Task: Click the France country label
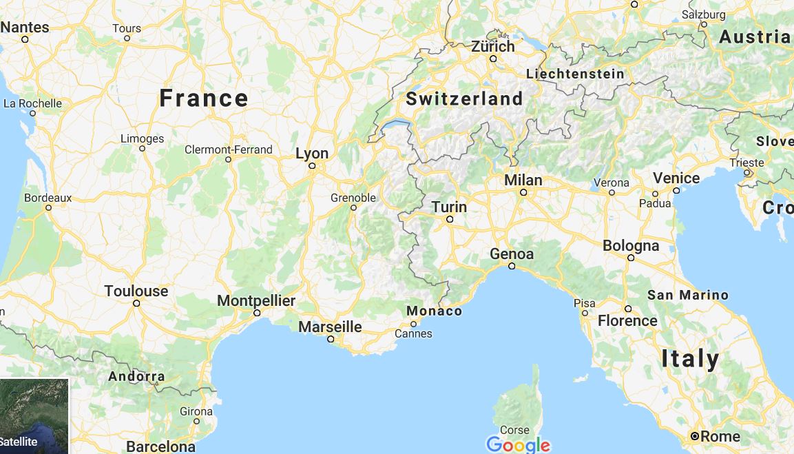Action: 204,99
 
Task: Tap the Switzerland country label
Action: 464,99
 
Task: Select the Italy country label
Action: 690,359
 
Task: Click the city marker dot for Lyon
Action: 312,166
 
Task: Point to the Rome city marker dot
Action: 695,436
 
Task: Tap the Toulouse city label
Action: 136,291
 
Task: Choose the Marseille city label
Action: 330,327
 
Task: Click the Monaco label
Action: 435,311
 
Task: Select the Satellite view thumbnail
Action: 34,416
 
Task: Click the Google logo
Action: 518,445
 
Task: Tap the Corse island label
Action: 514,431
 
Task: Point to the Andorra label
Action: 136,377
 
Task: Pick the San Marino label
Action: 687,295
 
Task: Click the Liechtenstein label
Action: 575,74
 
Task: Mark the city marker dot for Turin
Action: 450,219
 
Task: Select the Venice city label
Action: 676,178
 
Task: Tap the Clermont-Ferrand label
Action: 229,149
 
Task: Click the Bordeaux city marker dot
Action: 48,207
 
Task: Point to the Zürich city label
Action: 493,47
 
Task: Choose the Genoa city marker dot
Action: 512,266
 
